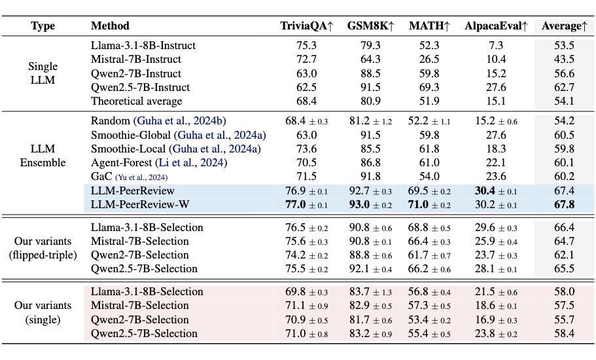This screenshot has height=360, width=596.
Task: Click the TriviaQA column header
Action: [307, 26]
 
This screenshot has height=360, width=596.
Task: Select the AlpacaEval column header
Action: [496, 26]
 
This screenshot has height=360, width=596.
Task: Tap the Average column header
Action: [564, 26]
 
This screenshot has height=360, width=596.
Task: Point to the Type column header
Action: [43, 26]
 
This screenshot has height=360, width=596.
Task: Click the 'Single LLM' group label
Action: [43, 73]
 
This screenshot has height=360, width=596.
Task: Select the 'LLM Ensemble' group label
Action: [43, 156]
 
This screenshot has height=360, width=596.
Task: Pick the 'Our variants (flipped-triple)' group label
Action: [43, 248]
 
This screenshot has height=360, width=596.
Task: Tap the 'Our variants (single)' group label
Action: [43, 312]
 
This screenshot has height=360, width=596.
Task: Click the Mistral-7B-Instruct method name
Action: [137, 60]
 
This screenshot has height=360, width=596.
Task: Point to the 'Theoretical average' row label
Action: [137, 101]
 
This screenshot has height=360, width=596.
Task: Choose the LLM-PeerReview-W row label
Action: [140, 204]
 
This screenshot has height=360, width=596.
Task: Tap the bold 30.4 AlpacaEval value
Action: [487, 190]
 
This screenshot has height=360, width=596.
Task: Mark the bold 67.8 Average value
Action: [564, 204]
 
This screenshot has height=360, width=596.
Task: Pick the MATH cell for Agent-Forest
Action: [429, 163]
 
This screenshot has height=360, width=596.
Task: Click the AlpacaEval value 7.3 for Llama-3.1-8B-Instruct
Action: [496, 46]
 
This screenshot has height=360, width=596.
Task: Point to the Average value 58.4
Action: [564, 333]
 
